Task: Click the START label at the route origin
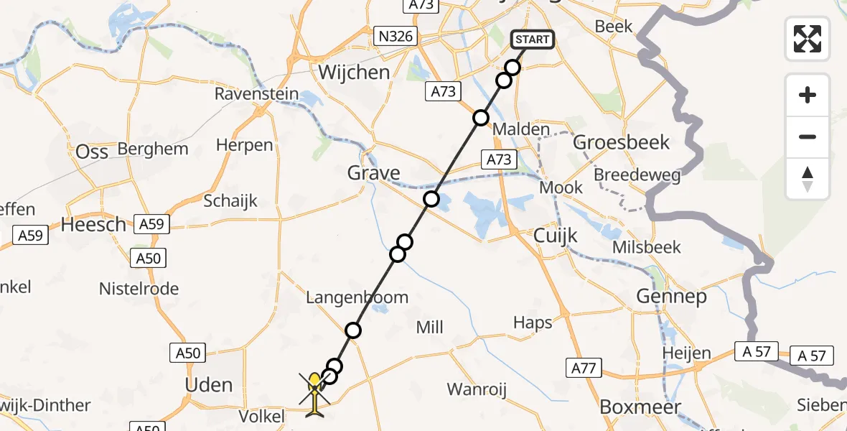(x=532, y=40)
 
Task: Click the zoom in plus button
(x=808, y=96)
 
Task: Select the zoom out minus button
(x=808, y=136)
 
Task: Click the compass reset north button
(x=808, y=179)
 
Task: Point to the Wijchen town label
(x=354, y=73)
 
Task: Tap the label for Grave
(x=373, y=173)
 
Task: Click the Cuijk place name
(x=556, y=236)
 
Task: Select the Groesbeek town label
(x=621, y=142)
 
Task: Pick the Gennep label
(x=671, y=296)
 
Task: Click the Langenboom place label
(x=357, y=297)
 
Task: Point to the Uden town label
(x=209, y=385)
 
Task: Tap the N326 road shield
(x=396, y=36)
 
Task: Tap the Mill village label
(x=430, y=328)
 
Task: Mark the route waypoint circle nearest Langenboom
(x=352, y=330)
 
